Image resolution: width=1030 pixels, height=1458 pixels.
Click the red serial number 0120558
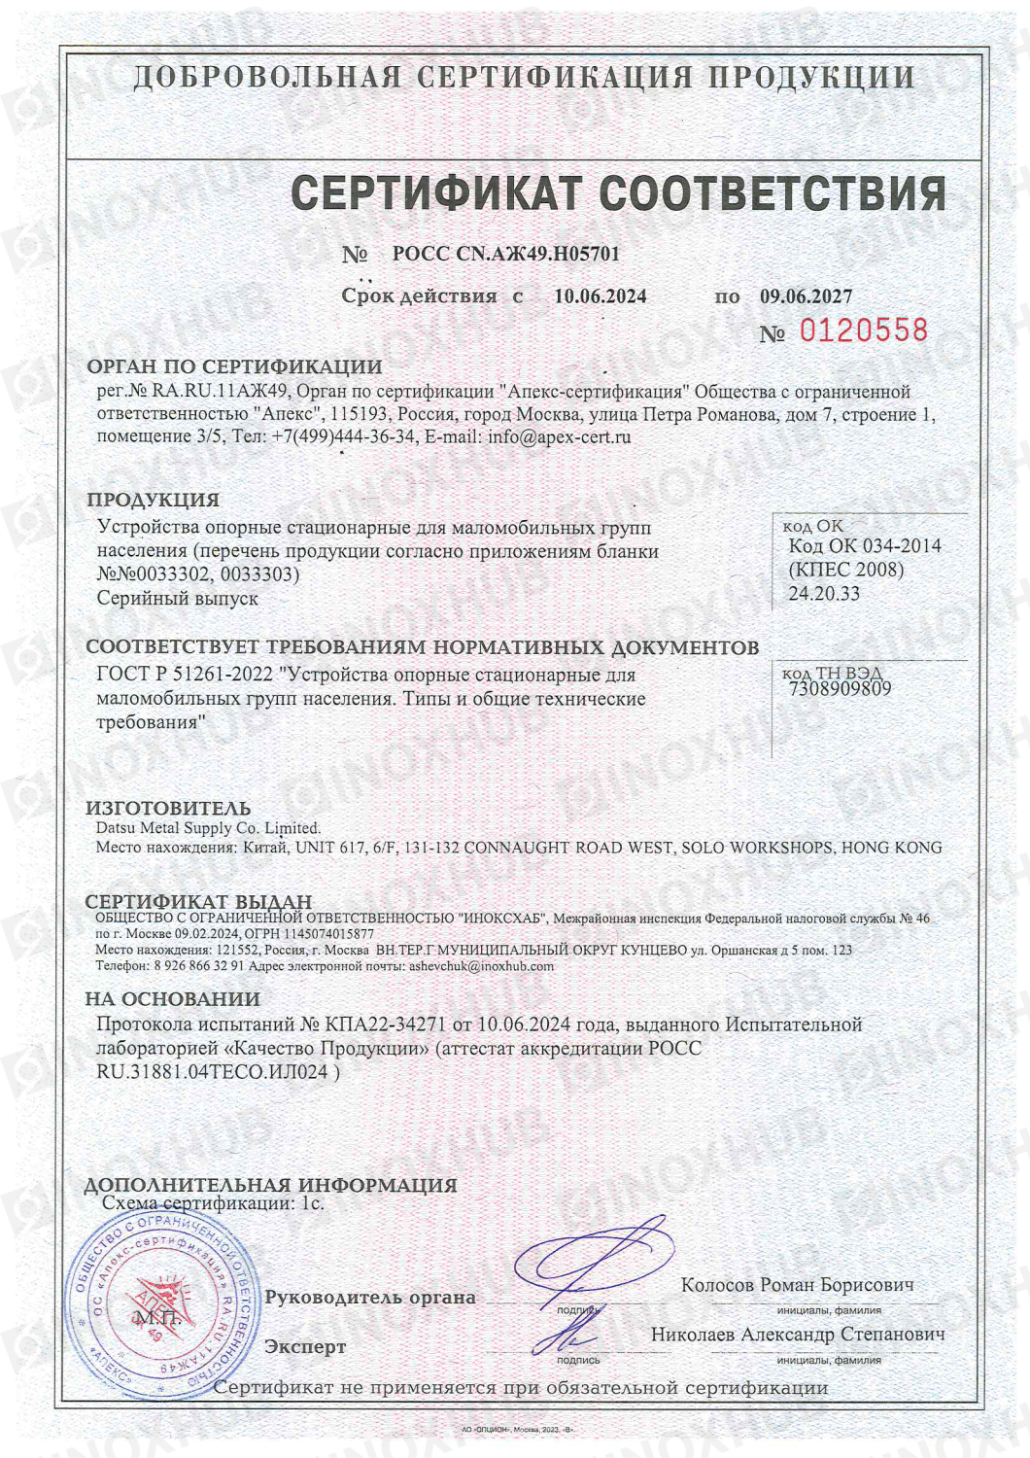click(863, 330)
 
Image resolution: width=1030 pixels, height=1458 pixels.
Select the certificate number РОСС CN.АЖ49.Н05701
click(505, 254)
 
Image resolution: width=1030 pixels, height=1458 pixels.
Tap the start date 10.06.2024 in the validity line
click(600, 296)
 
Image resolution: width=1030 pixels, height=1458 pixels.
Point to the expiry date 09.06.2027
click(806, 296)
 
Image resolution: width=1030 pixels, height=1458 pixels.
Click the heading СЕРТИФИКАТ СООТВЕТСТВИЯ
click(618, 192)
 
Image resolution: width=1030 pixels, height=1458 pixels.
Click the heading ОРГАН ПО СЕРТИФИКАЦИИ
click(234, 366)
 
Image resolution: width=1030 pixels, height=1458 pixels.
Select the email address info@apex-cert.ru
click(559, 436)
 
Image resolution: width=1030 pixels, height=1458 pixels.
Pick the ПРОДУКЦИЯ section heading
click(153, 500)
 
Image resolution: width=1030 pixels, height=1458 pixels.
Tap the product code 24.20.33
click(824, 593)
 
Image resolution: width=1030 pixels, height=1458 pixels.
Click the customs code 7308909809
click(841, 689)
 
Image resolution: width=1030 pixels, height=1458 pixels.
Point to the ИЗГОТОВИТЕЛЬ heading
click(168, 808)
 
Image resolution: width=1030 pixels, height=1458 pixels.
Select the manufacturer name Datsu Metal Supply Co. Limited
click(207, 828)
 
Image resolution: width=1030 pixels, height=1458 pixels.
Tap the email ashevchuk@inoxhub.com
click(481, 966)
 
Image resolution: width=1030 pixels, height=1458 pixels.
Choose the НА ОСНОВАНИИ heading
click(172, 998)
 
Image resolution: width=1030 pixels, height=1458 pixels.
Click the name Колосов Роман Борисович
click(797, 1285)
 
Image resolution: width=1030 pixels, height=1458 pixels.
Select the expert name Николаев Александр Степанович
click(797, 1335)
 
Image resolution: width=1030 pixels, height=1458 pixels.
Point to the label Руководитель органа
click(370, 1297)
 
